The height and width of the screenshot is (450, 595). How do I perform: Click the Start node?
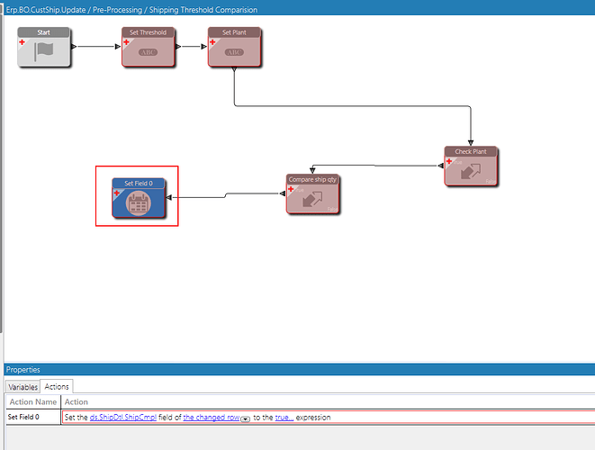[x=43, y=47]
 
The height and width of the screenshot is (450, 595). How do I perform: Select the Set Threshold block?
[x=148, y=47]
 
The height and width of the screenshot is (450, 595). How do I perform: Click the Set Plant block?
[x=234, y=47]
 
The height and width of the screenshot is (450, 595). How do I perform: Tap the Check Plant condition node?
[x=470, y=166]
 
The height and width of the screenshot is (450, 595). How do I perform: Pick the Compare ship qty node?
[x=313, y=193]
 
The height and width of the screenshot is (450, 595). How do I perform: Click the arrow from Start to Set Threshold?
[x=95, y=45]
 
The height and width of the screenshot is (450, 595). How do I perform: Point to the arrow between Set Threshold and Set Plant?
[x=191, y=45]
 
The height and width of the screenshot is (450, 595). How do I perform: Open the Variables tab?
[x=23, y=386]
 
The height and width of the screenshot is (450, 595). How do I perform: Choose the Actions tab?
[x=57, y=386]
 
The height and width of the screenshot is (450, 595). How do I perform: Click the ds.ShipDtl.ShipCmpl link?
[x=121, y=418]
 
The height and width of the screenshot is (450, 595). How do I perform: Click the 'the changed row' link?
[x=211, y=418]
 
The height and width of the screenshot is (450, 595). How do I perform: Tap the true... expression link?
[x=284, y=418]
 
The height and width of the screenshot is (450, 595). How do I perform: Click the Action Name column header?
[x=32, y=401]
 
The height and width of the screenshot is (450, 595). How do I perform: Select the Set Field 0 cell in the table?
[x=23, y=418]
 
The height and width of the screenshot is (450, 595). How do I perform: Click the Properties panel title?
[x=23, y=369]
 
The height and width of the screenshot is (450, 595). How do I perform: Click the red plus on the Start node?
[x=22, y=42]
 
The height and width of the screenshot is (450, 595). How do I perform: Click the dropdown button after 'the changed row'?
[x=245, y=418]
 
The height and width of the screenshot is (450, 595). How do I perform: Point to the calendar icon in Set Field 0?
[x=138, y=204]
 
